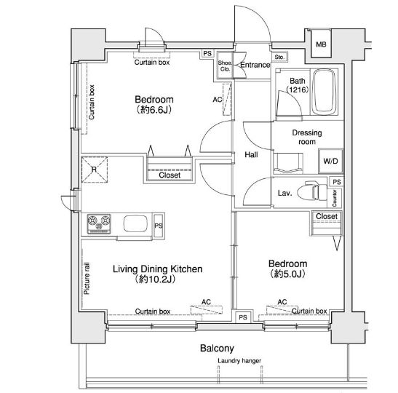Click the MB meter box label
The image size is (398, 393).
pyautogui.click(x=321, y=44)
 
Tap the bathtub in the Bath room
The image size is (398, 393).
pyautogui.click(x=325, y=92)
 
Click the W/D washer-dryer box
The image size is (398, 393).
pyautogui.click(x=331, y=161)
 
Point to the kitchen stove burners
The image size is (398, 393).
pyautogui.click(x=99, y=224)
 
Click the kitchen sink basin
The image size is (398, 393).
pyautogui.click(x=135, y=223)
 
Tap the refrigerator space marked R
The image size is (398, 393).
pyautogui.click(x=94, y=170)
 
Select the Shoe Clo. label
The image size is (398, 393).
pyautogui.click(x=225, y=65)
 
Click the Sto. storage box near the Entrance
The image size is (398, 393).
pyautogui.click(x=279, y=57)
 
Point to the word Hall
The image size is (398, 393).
pyautogui.click(x=251, y=154)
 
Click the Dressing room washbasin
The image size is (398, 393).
pyautogui.click(x=288, y=163)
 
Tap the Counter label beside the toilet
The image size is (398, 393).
pyautogui.click(x=334, y=198)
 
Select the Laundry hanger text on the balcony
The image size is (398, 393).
pyautogui.click(x=239, y=361)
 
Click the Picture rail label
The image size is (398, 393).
pyautogui.click(x=87, y=279)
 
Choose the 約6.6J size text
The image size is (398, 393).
pyautogui.click(x=154, y=110)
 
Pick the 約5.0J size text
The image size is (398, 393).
pyautogui.click(x=287, y=274)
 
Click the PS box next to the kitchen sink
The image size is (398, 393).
pyautogui.click(x=159, y=226)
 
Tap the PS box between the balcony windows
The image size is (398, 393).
pyautogui.click(x=243, y=317)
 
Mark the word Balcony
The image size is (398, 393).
pyautogui.click(x=217, y=349)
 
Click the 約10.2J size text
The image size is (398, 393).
pyautogui.click(x=155, y=279)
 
